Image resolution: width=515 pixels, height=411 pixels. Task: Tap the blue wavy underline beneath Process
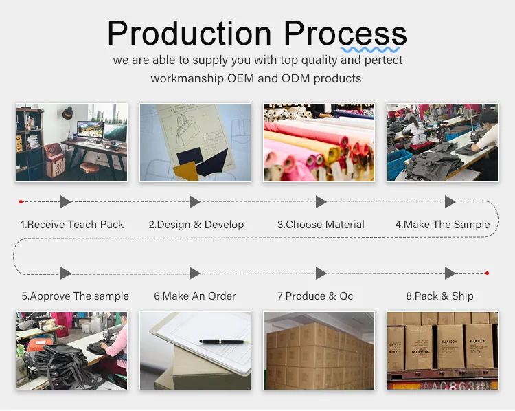pos(370,50)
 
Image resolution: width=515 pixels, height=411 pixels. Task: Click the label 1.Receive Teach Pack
pos(72,225)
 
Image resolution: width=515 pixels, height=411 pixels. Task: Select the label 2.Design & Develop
pos(196,225)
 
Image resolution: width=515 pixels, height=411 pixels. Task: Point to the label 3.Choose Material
pos(321,225)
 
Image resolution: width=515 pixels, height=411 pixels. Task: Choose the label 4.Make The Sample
pos(442,225)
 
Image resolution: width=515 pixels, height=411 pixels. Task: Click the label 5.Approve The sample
pos(76,296)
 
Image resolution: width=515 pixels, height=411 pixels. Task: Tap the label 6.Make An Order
pos(195,296)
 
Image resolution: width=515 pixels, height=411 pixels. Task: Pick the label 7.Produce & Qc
pos(315,296)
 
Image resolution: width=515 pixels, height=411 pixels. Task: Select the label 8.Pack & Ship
pos(439,296)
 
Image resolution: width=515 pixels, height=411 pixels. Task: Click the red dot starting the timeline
pos(21,201)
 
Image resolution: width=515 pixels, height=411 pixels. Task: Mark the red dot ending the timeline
pos(487,274)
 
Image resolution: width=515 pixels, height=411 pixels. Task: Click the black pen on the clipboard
pos(225,342)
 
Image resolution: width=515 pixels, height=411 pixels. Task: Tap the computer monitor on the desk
pos(90,130)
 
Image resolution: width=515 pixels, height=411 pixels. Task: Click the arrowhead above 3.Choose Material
pos(321,201)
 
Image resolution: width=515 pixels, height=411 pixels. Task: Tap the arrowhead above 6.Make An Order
pos(195,274)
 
